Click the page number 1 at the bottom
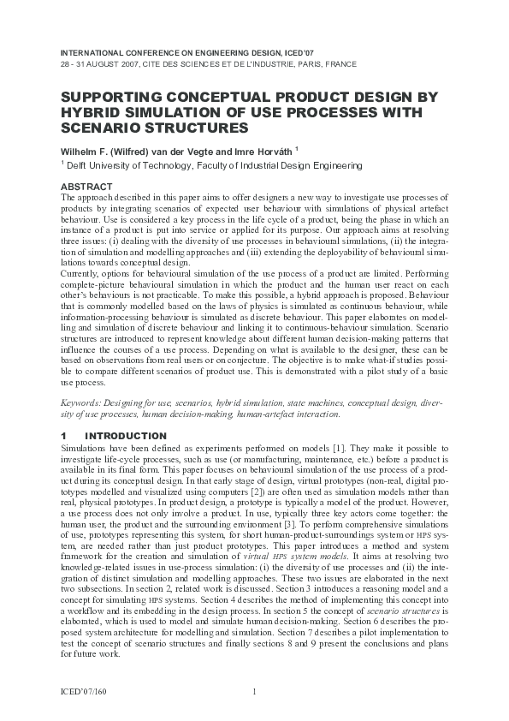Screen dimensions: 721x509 pos(255,691)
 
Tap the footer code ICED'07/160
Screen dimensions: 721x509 pos(86,691)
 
